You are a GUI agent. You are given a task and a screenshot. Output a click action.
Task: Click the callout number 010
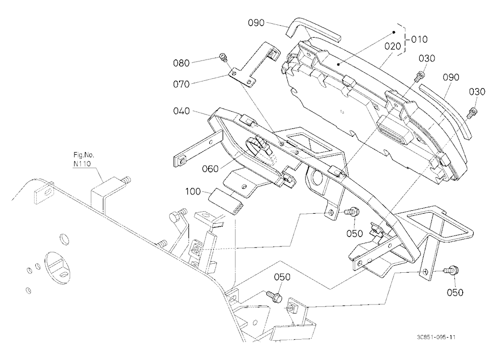pyautogui.click(x=420, y=39)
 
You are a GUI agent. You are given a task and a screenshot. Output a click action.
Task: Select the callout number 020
pyautogui.click(x=392, y=47)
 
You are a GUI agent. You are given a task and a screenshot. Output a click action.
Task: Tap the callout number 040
pyautogui.click(x=182, y=111)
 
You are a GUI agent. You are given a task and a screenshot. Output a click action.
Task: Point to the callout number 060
pyautogui.click(x=210, y=169)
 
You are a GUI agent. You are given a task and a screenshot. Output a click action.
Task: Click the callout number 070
pyautogui.click(x=181, y=84)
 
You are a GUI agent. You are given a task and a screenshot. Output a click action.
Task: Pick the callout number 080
pyautogui.click(x=181, y=63)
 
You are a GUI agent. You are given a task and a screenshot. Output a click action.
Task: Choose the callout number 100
pyautogui.click(x=193, y=191)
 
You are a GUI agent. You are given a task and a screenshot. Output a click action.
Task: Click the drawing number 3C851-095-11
pyautogui.click(x=436, y=337)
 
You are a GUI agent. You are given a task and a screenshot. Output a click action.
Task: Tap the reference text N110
pyautogui.click(x=82, y=164)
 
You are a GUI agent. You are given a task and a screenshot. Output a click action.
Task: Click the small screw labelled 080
pyautogui.click(x=223, y=58)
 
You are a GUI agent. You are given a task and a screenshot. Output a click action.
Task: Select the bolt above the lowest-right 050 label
pyautogui.click(x=451, y=271)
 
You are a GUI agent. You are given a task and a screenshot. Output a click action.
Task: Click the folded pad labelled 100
pyautogui.click(x=226, y=201)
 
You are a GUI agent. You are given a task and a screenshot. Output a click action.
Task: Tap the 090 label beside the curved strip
pyautogui.click(x=451, y=77)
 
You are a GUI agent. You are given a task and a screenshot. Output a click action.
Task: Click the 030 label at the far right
pyautogui.click(x=477, y=92)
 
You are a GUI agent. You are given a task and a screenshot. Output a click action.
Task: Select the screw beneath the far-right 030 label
pyautogui.click(x=472, y=113)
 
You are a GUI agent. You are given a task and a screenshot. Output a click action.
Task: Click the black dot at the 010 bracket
pyautogui.click(x=394, y=32)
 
